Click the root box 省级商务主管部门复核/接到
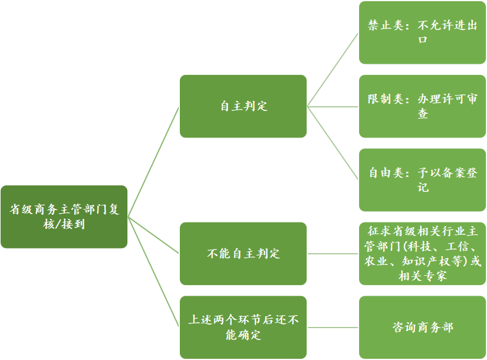(x=64, y=217)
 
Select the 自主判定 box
(x=243, y=106)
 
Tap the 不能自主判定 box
(x=243, y=254)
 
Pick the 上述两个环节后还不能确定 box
(x=243, y=327)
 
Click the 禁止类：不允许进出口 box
(x=422, y=32)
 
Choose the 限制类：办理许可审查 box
(x=422, y=106)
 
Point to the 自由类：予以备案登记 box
(x=422, y=180)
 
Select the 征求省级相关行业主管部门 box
(x=422, y=254)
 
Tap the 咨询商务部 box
(x=422, y=327)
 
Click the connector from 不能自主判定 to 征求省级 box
(x=333, y=254)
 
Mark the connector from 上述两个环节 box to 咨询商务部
(x=333, y=327)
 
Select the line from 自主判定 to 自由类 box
(x=333, y=143)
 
